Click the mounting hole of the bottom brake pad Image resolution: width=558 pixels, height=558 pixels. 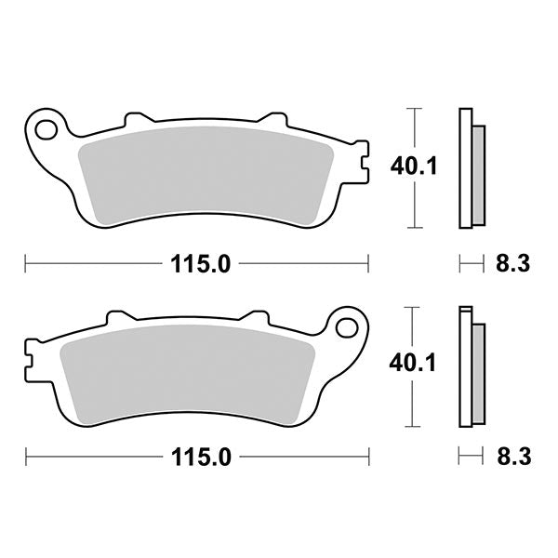[x=349, y=326]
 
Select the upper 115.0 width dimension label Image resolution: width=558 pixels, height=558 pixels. [x=199, y=264]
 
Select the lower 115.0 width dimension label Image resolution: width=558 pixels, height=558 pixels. [x=199, y=457]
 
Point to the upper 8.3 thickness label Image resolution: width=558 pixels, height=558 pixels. [x=512, y=264]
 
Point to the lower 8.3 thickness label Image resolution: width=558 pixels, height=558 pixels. [x=512, y=457]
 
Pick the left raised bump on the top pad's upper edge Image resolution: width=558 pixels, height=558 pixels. [x=136, y=120]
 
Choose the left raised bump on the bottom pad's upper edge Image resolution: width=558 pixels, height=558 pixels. [x=117, y=317]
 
